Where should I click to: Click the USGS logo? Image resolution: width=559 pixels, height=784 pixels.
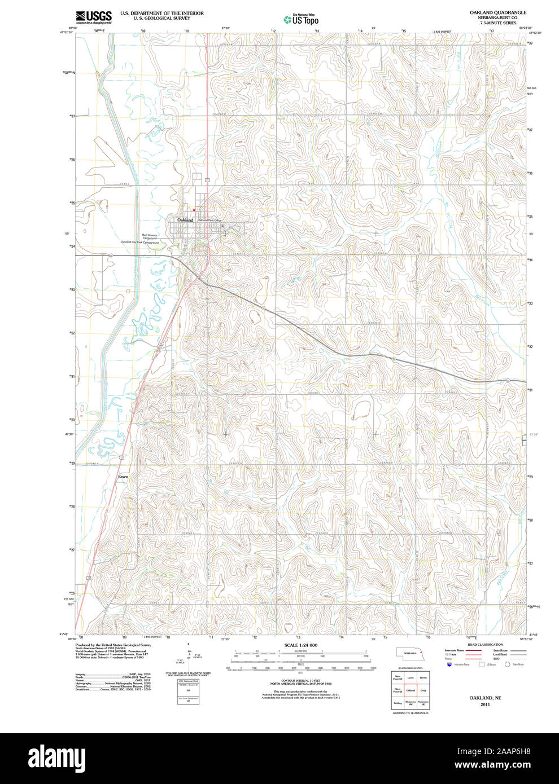click(94, 17)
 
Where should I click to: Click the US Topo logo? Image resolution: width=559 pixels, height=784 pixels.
click(301, 20)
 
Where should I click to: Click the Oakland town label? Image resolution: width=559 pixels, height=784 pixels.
click(185, 219)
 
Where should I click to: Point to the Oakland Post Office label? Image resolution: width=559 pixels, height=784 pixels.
click(209, 220)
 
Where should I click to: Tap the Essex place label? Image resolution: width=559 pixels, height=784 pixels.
click(123, 477)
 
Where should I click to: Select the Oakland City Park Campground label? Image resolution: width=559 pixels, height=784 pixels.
click(140, 243)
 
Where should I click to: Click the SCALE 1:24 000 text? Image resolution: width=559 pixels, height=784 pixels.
click(300, 645)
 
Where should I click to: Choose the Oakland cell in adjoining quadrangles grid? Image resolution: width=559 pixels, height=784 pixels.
click(410, 690)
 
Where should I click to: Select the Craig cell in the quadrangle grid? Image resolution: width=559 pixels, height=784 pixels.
click(423, 690)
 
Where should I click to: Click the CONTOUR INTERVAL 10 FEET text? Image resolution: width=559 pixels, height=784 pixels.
click(300, 681)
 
